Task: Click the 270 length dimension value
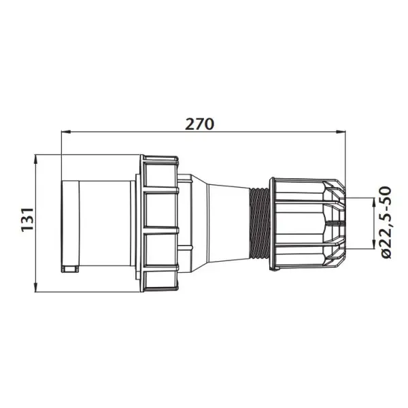click(x=199, y=124)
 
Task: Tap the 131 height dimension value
click(x=28, y=219)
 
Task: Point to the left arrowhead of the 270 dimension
click(x=66, y=132)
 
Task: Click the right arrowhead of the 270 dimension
click(x=341, y=132)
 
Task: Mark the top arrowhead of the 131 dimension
click(x=35, y=159)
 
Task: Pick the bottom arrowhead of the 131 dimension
click(x=35, y=287)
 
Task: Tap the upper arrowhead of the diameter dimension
click(x=373, y=202)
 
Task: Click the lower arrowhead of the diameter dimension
click(x=373, y=244)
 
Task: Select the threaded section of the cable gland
click(x=260, y=223)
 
